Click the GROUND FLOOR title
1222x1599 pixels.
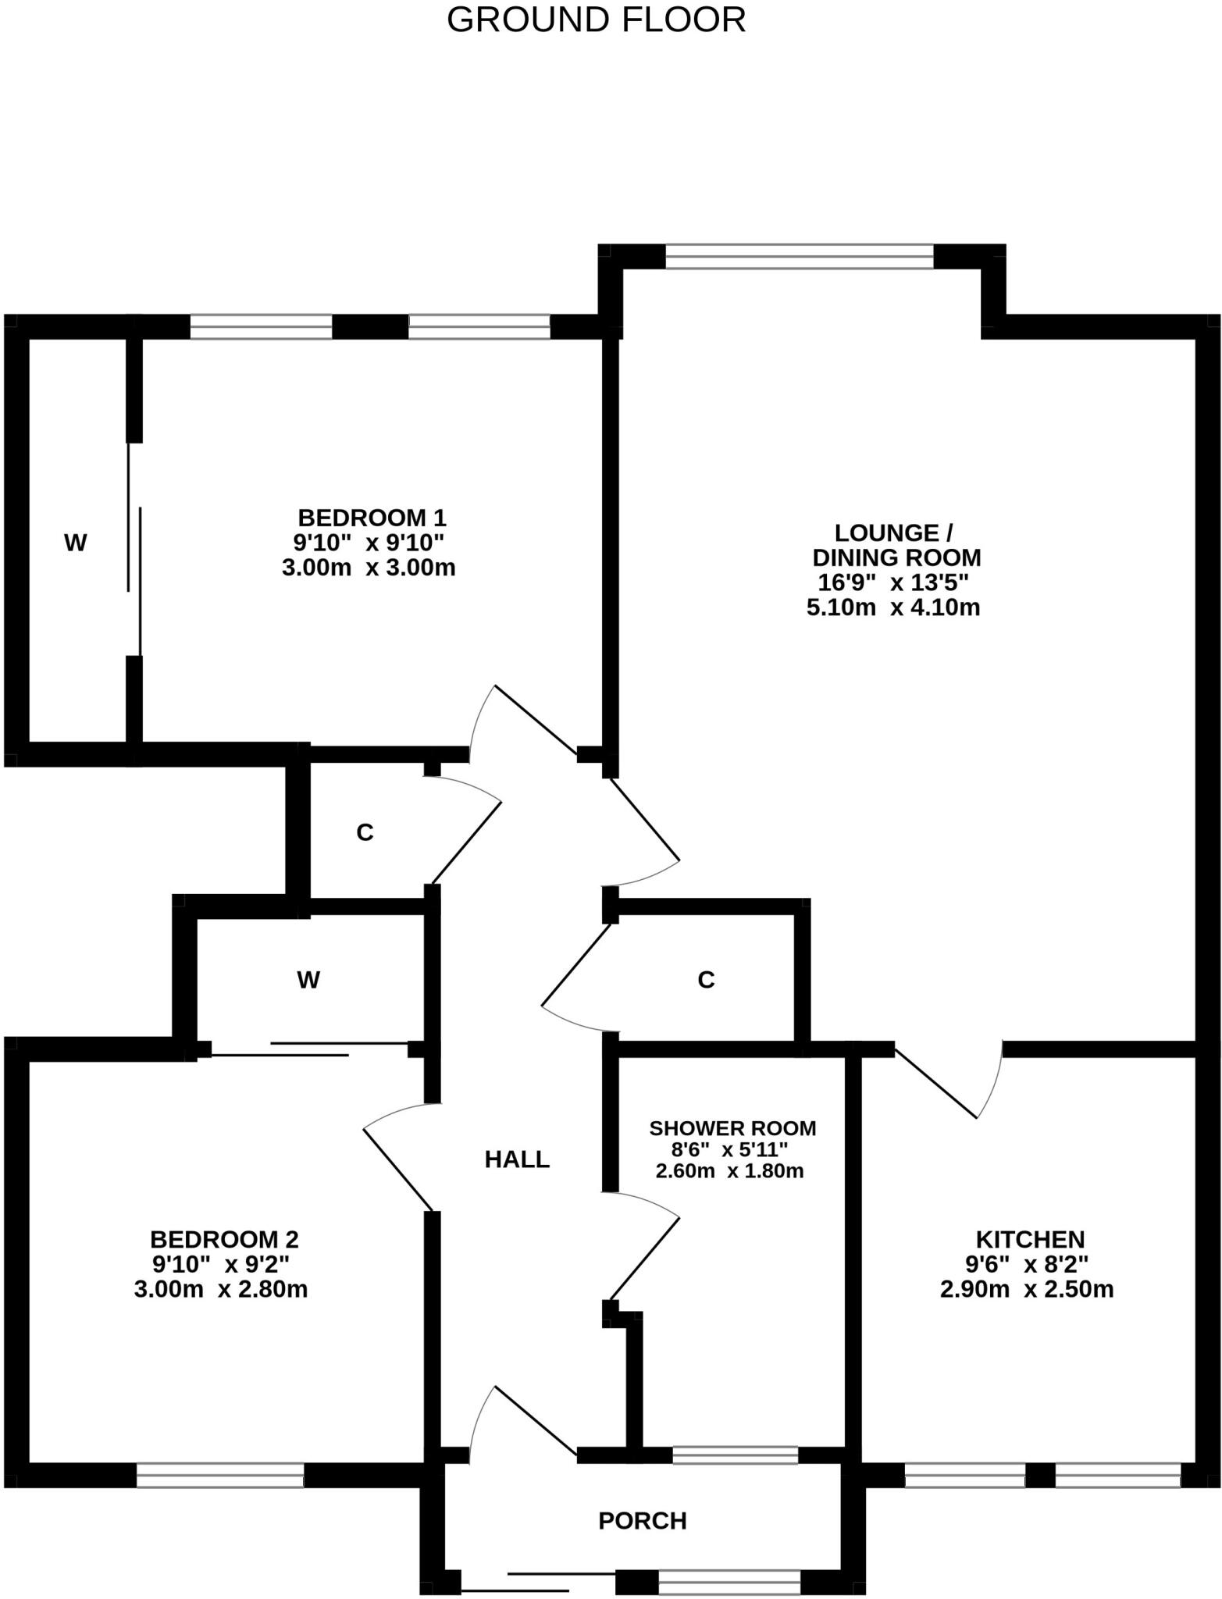596,20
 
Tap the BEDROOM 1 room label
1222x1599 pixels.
371,518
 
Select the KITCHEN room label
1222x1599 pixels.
1030,1239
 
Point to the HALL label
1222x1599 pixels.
517,1159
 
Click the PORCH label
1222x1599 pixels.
642,1521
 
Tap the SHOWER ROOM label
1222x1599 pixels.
732,1128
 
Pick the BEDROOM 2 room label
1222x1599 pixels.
224,1239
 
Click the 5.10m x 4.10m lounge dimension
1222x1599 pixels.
893,607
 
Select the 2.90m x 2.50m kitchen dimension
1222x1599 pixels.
1027,1289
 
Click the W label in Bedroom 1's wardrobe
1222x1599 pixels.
75,543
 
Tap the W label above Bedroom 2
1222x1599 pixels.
308,979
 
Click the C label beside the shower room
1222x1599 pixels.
706,979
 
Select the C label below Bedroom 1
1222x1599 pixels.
365,833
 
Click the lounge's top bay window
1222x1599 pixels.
799,257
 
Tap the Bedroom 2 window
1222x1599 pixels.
220,1475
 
